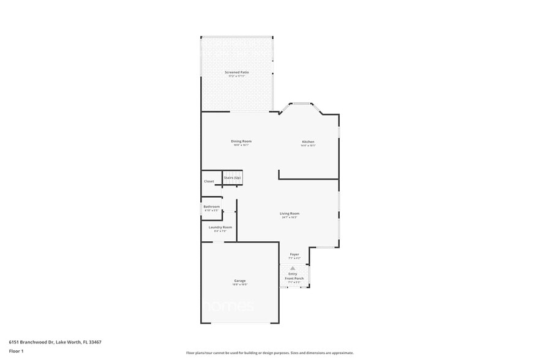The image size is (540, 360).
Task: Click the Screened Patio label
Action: point(237,72)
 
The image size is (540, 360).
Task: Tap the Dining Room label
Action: point(241,141)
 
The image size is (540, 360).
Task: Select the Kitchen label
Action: point(308,142)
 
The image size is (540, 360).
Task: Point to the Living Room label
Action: point(290,214)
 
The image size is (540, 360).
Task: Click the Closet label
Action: point(209,181)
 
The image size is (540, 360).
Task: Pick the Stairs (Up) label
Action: point(232,178)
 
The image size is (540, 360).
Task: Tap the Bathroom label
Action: point(211,207)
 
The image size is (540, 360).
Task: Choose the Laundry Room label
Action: point(220,227)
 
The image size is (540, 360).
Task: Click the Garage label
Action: point(239,281)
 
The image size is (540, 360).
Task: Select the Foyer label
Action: point(294,254)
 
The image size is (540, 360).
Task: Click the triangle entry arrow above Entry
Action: point(293,268)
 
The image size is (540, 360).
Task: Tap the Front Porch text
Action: point(294,279)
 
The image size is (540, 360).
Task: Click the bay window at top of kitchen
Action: point(300,104)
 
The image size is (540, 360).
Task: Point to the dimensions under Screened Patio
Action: point(237,76)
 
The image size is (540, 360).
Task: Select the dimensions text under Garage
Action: point(239,285)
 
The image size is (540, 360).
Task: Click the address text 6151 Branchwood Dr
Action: point(55,342)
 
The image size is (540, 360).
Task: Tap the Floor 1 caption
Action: point(16,351)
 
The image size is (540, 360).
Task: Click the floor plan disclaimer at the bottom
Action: point(270,353)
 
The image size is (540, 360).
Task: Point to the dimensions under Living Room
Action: point(290,217)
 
